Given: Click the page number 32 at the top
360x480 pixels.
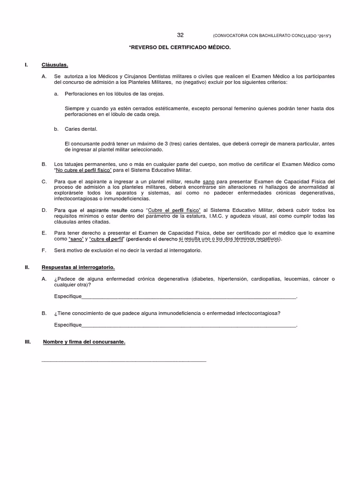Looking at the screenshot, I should pyautogui.click(x=180, y=35).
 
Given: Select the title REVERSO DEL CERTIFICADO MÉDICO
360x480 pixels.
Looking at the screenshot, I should pyautogui.click(x=180, y=48).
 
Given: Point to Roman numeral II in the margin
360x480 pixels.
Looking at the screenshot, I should pyautogui.click(x=27, y=267).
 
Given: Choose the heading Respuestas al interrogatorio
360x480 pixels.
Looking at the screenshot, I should pyautogui.click(x=78, y=267).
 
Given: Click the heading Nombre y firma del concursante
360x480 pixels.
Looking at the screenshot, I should pyautogui.click(x=84, y=342).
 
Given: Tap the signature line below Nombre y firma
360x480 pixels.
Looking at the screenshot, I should pyautogui.click(x=124, y=361).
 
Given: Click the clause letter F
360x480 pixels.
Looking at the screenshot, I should pyautogui.click(x=44, y=250).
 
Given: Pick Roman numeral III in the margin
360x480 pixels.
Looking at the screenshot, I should pyautogui.click(x=27, y=342).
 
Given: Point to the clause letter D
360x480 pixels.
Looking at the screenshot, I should pyautogui.click(x=44, y=210).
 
